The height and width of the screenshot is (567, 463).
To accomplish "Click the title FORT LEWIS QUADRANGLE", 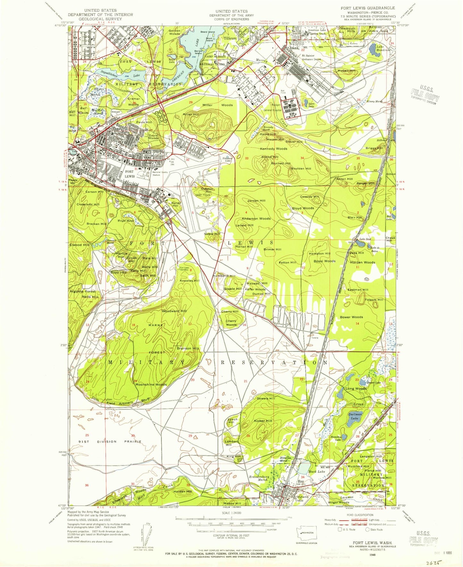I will (x=363, y=8).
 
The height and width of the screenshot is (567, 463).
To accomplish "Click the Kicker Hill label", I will (x=263, y=421).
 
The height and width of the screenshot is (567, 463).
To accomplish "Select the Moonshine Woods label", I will (x=151, y=384).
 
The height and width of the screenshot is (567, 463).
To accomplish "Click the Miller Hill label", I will (x=191, y=114).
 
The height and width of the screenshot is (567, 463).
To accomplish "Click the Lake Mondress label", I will (x=383, y=48).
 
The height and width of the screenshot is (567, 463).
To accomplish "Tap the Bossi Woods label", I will (x=325, y=261).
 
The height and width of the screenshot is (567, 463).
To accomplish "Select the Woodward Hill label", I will (x=174, y=311).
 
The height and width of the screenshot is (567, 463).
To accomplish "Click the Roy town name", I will (x=301, y=481).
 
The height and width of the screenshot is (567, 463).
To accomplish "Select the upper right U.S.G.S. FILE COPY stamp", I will (x=425, y=95).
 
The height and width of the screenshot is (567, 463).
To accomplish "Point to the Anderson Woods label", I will (x=256, y=219).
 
